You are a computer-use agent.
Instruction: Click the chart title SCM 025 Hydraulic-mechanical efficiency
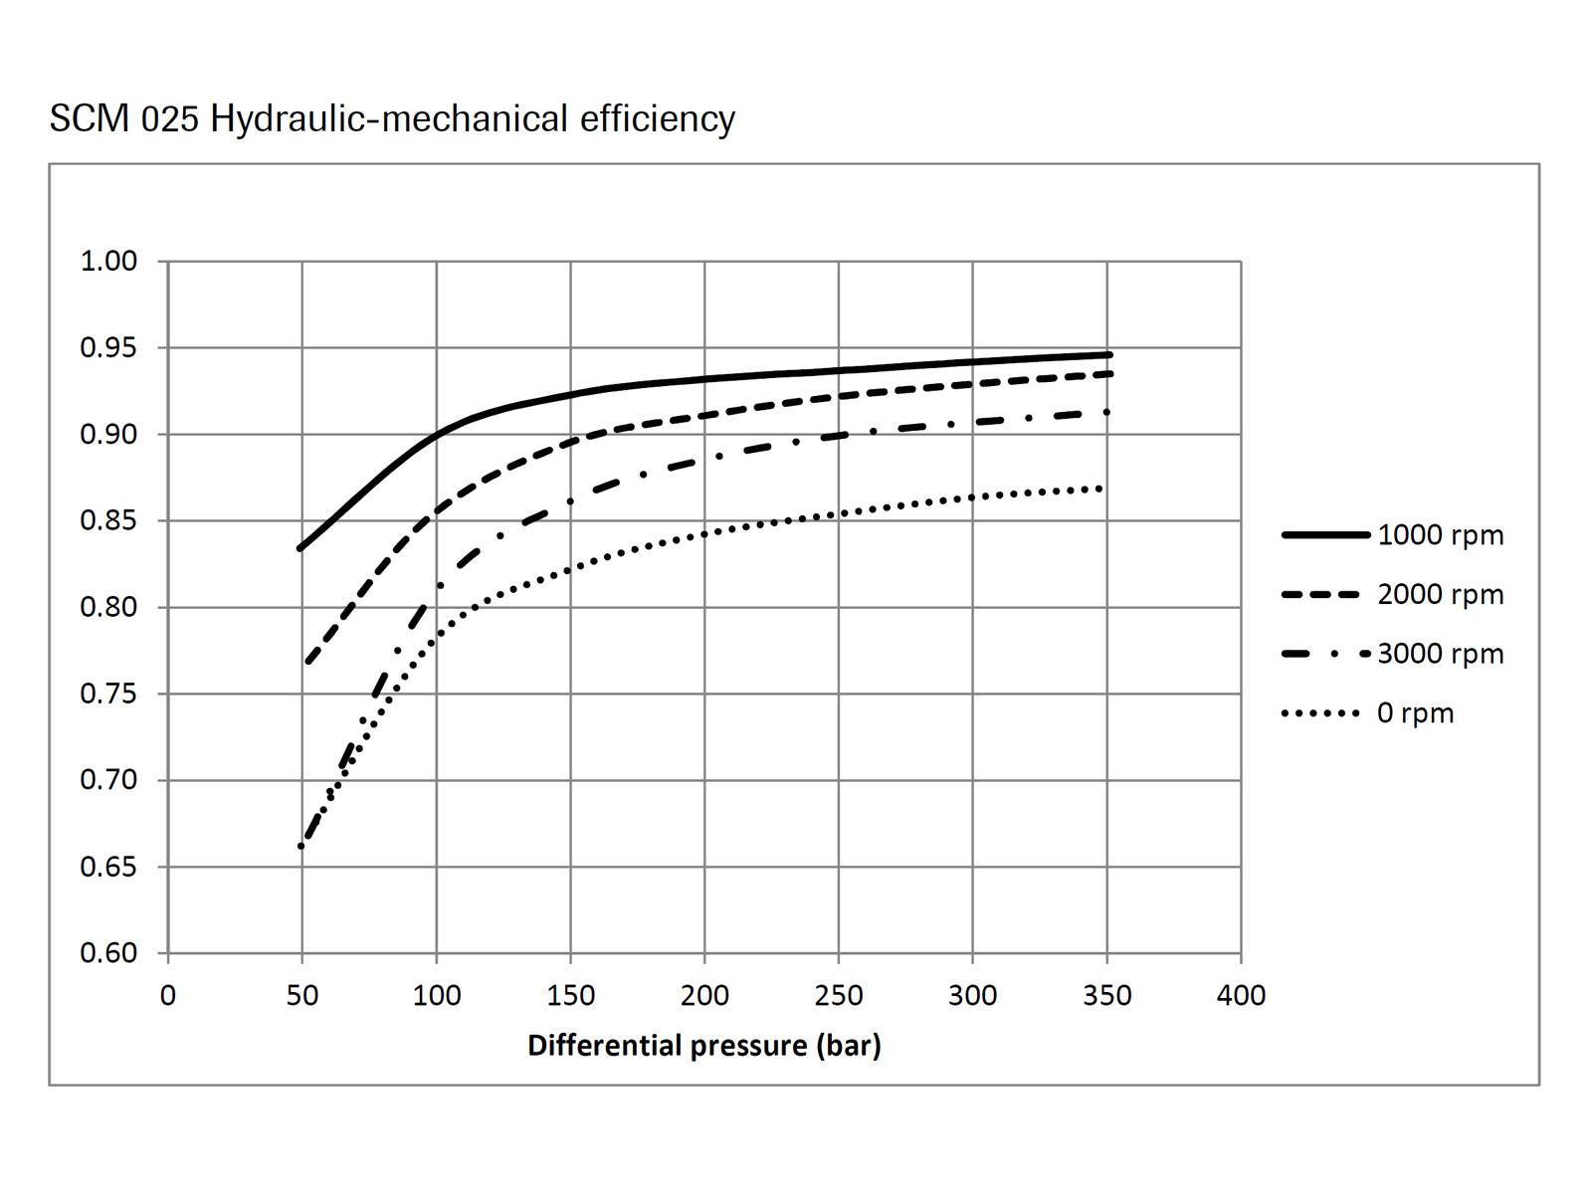[392, 118]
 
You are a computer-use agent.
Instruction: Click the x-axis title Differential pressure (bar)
[703, 1046]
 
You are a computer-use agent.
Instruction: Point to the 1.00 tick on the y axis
[108, 262]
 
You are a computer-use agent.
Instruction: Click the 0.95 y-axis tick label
[108, 348]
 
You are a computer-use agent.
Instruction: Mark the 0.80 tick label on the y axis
[108, 607]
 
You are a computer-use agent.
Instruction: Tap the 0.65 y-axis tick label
[108, 867]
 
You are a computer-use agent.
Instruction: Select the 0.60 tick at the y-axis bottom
[108, 953]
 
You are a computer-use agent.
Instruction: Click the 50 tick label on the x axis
[302, 995]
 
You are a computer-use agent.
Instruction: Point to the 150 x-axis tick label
[570, 995]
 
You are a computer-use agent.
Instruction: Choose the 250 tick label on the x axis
[839, 995]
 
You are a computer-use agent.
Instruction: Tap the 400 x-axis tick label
[1241, 995]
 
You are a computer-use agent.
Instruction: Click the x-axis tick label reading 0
[168, 995]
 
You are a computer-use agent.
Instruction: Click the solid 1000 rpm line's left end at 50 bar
[300, 548]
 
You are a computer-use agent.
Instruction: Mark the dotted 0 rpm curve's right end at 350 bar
[1100, 489]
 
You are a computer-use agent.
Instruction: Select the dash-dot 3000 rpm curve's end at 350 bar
[1106, 412]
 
